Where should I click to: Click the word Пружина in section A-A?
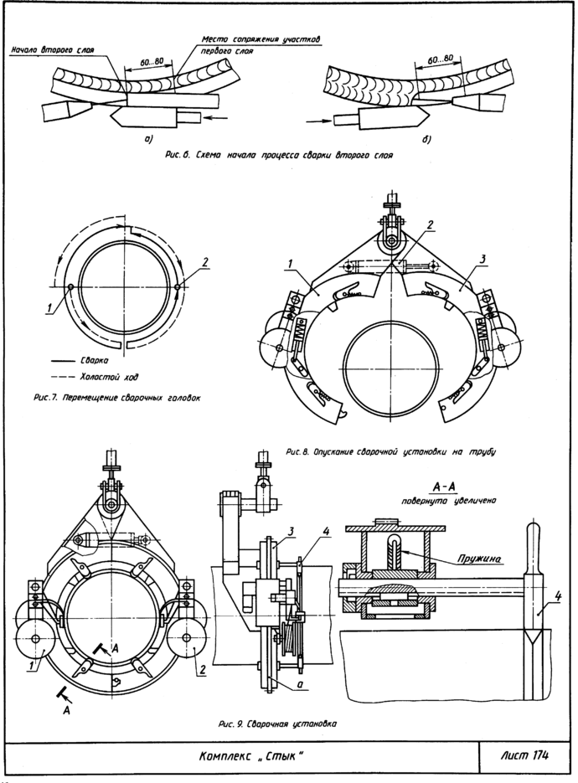pos(478,559)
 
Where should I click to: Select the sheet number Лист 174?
pos(524,755)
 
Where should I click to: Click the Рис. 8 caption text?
pos(391,452)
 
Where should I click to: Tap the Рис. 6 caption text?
pos(279,155)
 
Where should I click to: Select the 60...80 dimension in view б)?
pos(440,59)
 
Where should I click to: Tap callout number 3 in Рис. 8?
pos(482,259)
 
